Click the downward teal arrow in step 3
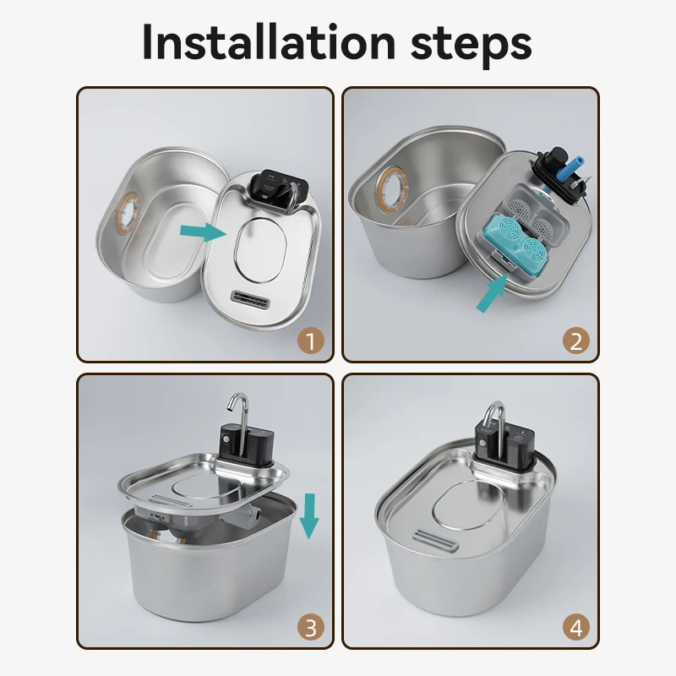click(309, 515)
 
